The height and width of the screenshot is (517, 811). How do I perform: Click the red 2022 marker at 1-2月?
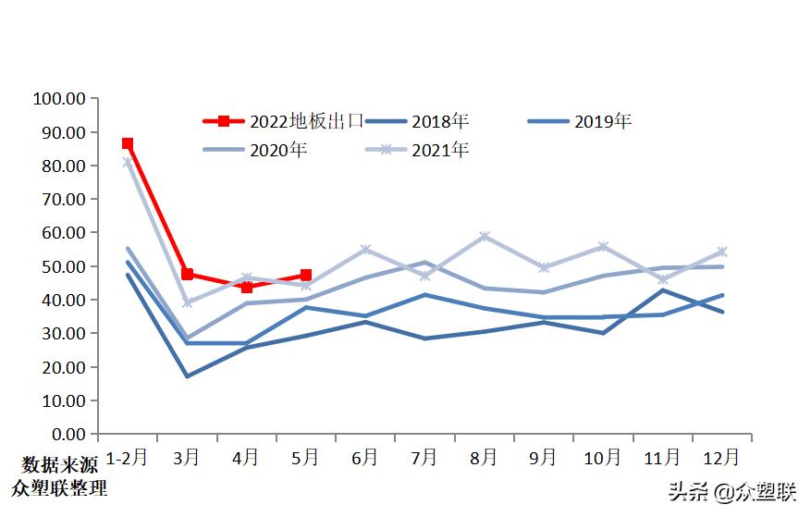point(128,143)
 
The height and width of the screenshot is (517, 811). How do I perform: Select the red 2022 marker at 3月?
point(188,274)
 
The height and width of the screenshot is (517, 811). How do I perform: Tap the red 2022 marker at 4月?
point(247,287)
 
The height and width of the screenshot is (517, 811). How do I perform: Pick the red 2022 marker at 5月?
point(306,275)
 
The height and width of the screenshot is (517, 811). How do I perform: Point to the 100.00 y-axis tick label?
point(59,99)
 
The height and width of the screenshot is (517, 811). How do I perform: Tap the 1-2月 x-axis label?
point(128,457)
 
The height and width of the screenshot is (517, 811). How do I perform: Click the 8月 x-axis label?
point(484,457)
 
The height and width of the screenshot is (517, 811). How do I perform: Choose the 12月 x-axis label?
point(721,457)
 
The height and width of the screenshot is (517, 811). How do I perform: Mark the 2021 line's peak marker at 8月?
point(484,237)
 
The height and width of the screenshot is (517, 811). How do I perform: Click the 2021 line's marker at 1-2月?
point(128,163)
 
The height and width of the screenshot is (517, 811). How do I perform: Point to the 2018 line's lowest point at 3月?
point(188,376)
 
